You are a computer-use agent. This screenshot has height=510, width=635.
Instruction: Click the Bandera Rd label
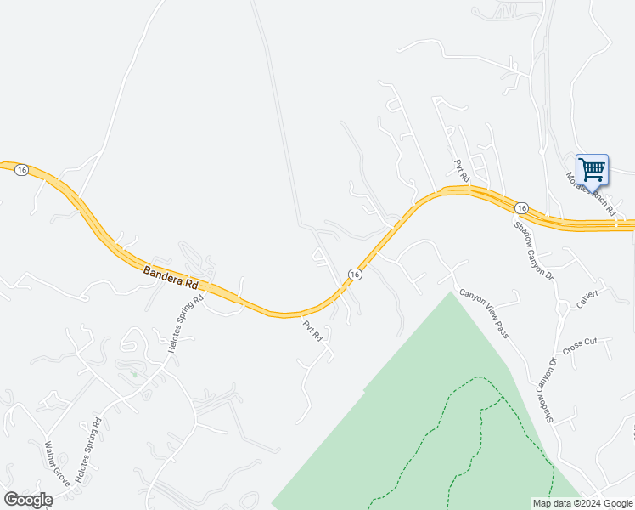tap(171, 277)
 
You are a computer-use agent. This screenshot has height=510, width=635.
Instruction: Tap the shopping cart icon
tap(592, 168)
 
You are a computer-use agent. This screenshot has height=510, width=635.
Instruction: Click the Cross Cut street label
tap(581, 347)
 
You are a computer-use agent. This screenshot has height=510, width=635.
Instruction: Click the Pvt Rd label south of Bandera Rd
tap(312, 331)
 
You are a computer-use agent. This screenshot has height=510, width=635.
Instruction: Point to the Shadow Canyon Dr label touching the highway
tap(533, 251)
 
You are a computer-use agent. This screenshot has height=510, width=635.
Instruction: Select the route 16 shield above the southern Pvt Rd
tap(355, 274)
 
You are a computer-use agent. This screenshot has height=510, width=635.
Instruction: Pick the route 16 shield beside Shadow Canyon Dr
tap(521, 208)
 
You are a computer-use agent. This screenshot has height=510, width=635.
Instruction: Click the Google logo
tap(28, 500)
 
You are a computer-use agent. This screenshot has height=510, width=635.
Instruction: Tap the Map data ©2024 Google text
tap(582, 503)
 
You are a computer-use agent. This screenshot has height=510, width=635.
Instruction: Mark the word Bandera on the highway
tap(160, 274)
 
